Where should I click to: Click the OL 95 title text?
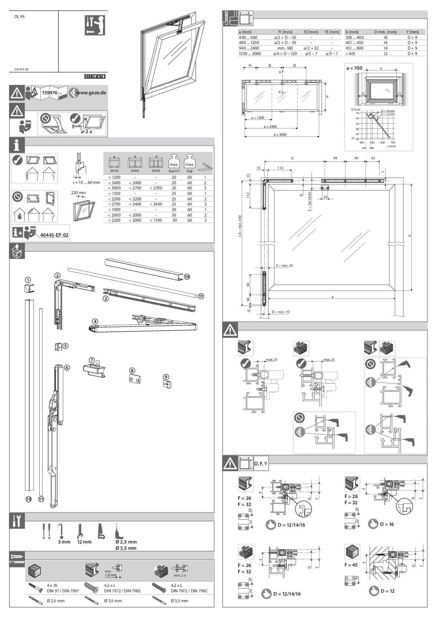pyautogui.click(x=20, y=17)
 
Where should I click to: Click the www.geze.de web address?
pyautogui.click(x=91, y=93)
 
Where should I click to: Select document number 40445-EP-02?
pyautogui.click(x=54, y=235)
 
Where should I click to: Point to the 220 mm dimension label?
pyautogui.click(x=79, y=193)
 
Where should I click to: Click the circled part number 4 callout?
pyautogui.click(x=95, y=321)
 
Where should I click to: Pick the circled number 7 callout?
pyautogui.click(x=92, y=360)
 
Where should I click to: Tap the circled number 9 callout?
pyautogui.click(x=166, y=377)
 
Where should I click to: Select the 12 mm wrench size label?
pyautogui.click(x=84, y=542)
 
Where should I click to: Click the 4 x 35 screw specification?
pyautogui.click(x=52, y=585)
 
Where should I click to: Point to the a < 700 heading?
pyautogui.click(x=354, y=68)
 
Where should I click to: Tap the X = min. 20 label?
pyautogui.click(x=284, y=265)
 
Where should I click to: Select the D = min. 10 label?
pyautogui.click(x=280, y=312)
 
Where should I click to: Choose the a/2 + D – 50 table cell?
pyautogui.click(x=285, y=37)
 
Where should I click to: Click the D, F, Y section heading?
pyautogui.click(x=261, y=464)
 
